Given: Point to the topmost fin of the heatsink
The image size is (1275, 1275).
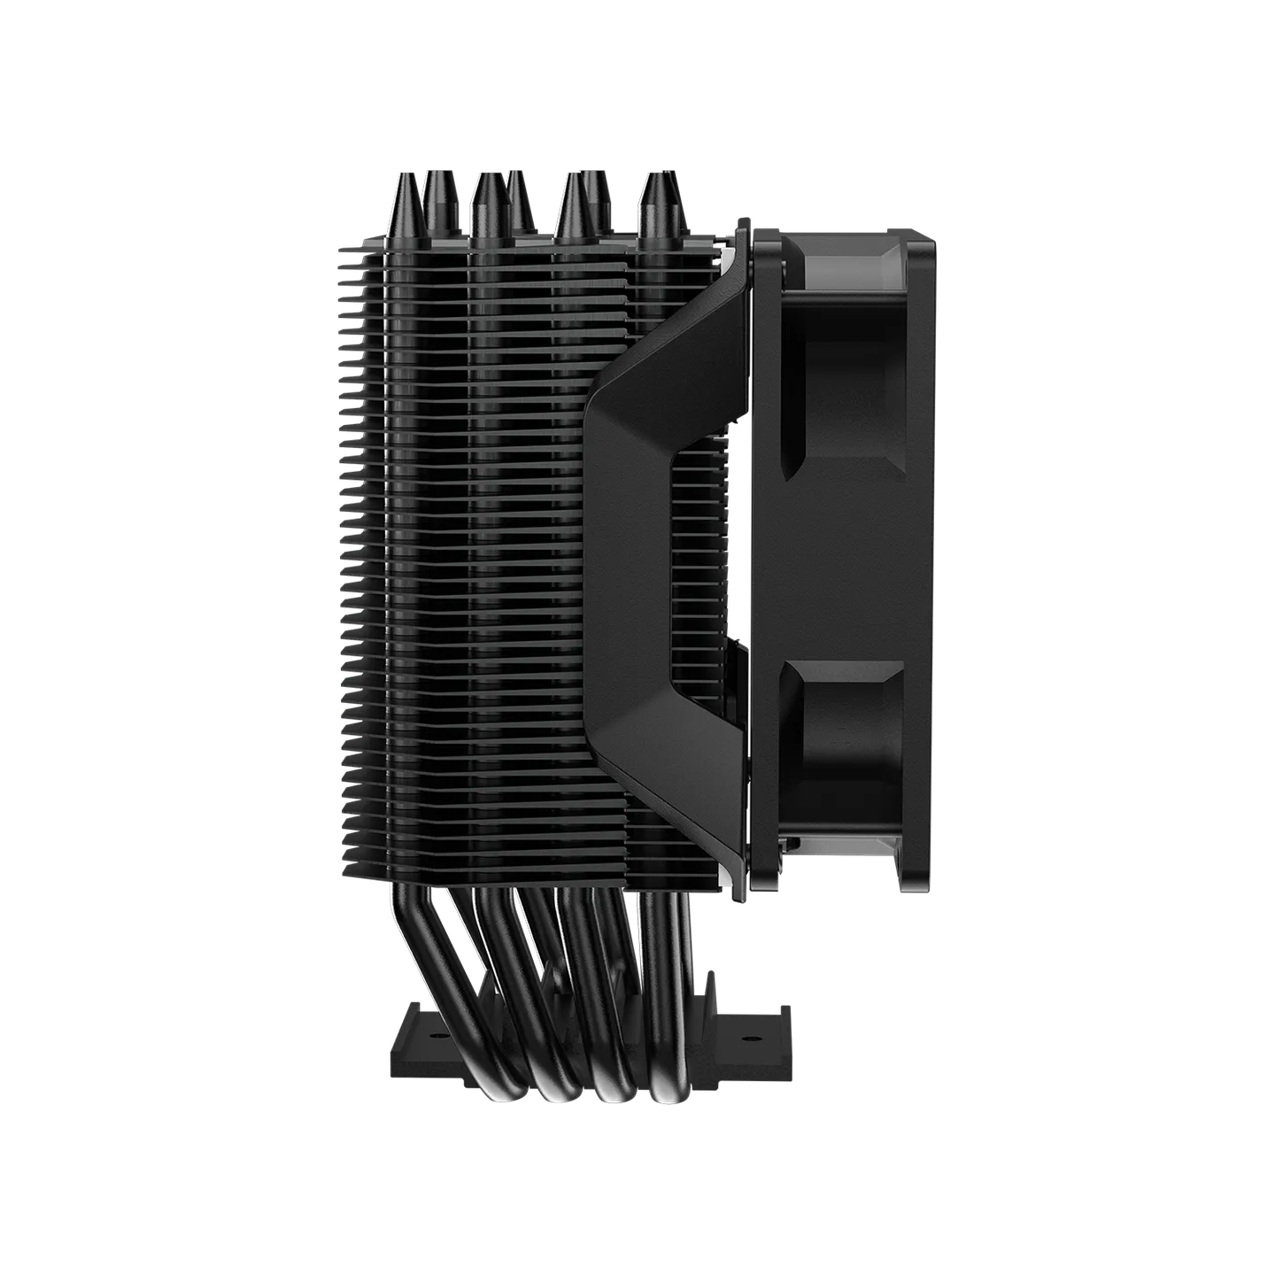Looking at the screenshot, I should pos(531,241).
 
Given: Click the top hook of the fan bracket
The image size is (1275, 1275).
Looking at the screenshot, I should pos(742,228).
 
